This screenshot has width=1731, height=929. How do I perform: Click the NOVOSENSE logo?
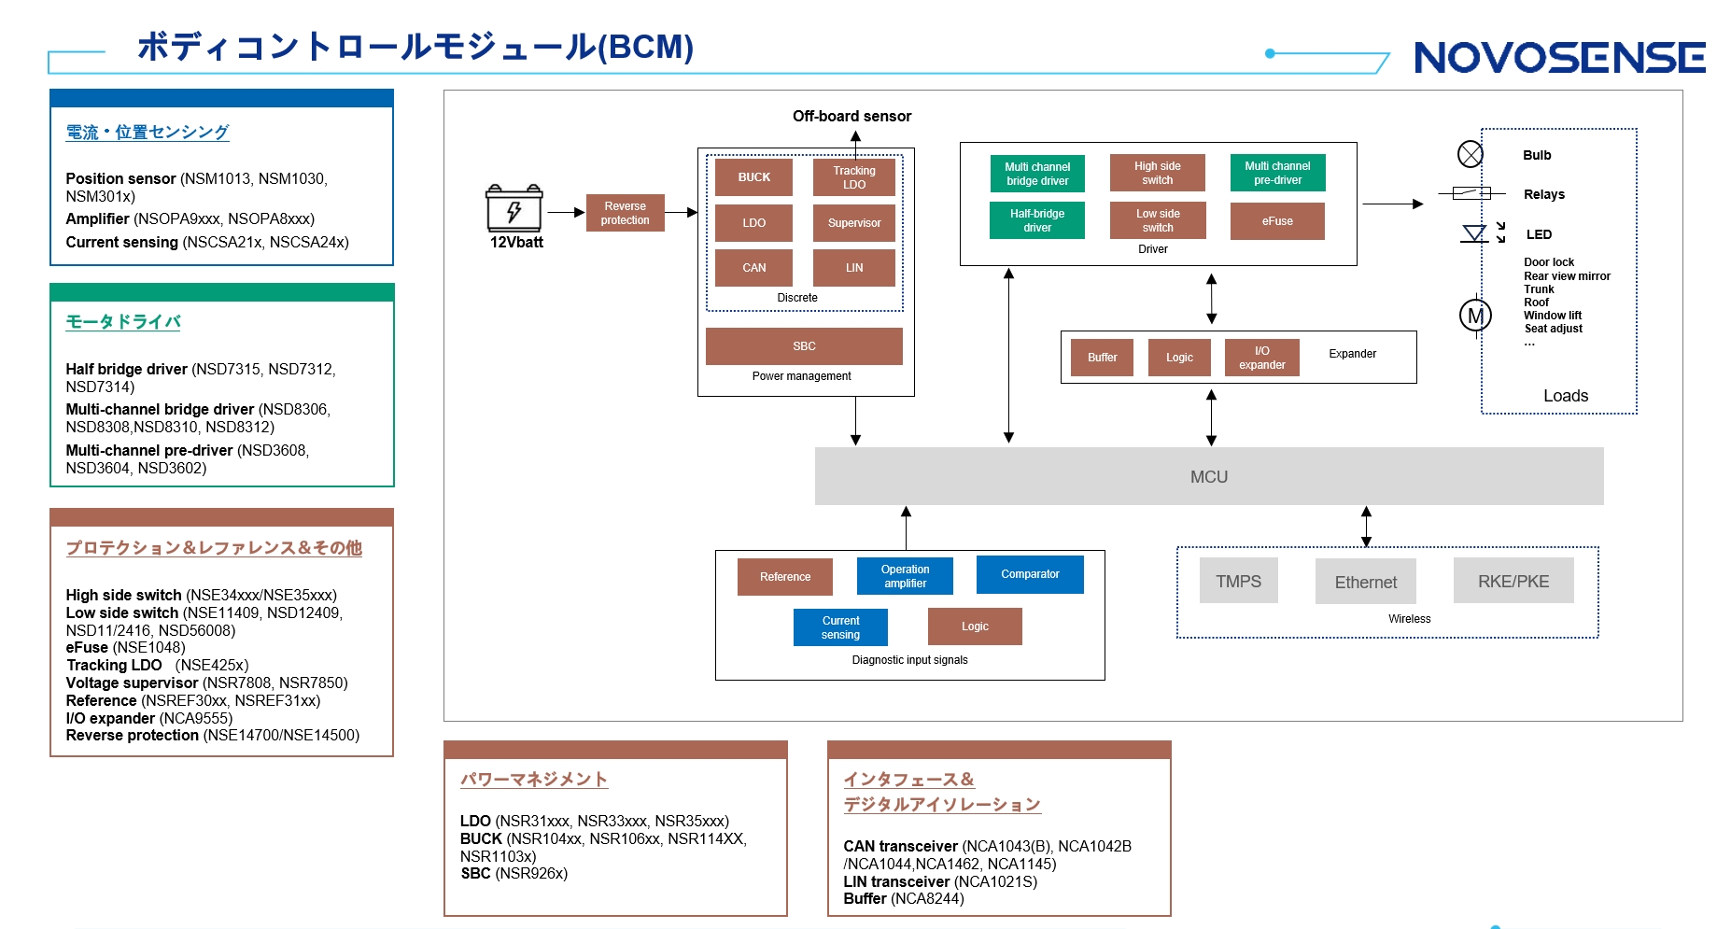[1559, 58]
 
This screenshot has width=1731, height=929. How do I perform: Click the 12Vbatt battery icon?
[514, 208]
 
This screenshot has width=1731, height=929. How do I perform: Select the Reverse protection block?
[625, 213]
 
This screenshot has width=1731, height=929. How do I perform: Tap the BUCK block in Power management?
[753, 177]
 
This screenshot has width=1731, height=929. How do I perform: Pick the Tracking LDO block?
[853, 177]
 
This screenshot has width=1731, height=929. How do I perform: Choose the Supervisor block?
[853, 223]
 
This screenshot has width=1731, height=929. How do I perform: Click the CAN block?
[753, 268]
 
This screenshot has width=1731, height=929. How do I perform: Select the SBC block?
[804, 346]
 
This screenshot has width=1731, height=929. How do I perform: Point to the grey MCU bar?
[1208, 476]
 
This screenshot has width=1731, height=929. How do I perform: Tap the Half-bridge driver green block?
[1036, 220]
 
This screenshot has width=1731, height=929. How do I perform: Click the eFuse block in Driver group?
[1277, 221]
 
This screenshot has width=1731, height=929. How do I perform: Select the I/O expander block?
[1261, 358]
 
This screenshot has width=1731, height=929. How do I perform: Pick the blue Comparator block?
[1030, 574]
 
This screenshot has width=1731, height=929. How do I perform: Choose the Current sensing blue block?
[840, 627]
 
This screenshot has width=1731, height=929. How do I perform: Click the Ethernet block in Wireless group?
[1365, 582]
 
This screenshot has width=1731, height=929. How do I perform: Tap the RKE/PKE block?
[1513, 581]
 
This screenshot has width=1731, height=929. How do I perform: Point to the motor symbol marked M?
[1475, 316]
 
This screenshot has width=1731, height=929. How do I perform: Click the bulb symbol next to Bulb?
[1470, 154]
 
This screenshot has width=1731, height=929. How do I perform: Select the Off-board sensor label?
[851, 116]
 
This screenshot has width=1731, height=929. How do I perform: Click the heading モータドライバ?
[123, 322]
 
